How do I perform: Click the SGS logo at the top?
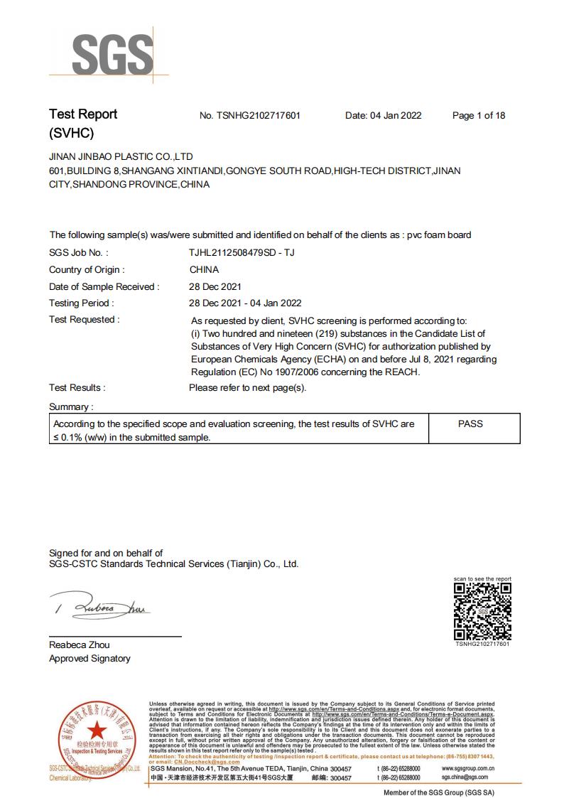click(x=112, y=53)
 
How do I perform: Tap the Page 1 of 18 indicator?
click(x=479, y=116)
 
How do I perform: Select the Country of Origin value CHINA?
click(x=204, y=269)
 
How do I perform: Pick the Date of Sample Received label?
click(x=104, y=286)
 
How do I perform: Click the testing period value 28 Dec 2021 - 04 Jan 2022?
click(x=246, y=303)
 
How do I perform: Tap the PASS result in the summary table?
click(x=470, y=424)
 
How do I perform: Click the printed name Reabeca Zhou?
click(x=80, y=645)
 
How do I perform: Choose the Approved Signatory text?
click(x=90, y=659)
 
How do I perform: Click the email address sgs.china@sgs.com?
click(x=464, y=777)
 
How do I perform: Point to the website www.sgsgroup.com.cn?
click(x=468, y=768)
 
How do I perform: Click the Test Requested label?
click(x=84, y=320)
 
